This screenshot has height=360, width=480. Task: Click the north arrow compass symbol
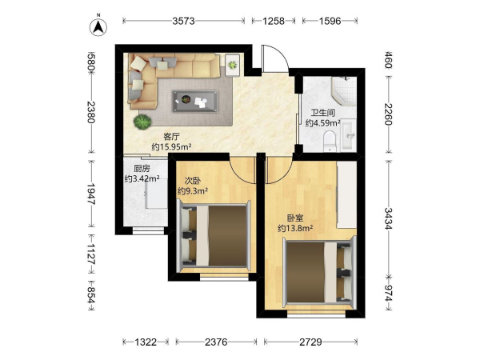pyautogui.click(x=98, y=27)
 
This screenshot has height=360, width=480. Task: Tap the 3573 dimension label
pyautogui.click(x=183, y=21)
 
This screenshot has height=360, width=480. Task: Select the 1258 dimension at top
pyautogui.click(x=274, y=21)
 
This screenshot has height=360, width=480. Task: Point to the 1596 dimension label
pyautogui.click(x=330, y=21)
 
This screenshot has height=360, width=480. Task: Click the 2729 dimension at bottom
pyautogui.click(x=310, y=342)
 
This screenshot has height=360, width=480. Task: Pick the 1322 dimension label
pyautogui.click(x=146, y=342)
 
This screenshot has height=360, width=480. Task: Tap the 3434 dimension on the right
pyautogui.click(x=388, y=218)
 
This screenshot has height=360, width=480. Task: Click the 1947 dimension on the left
pyautogui.click(x=91, y=194)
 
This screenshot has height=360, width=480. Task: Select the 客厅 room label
pyautogui.click(x=171, y=136)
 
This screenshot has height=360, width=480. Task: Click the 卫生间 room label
pyautogui.click(x=322, y=113)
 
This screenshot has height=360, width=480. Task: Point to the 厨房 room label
pyautogui.click(x=142, y=168)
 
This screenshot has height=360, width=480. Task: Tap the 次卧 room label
pyautogui.click(x=193, y=181)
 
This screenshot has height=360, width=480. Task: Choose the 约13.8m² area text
pyautogui.click(x=295, y=228)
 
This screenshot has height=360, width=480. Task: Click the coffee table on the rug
pyautogui.click(x=195, y=101)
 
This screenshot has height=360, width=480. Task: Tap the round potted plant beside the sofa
pyautogui.click(x=142, y=122)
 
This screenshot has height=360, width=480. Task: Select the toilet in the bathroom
pyautogui.click(x=330, y=141)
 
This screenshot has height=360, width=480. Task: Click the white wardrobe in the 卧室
pyautogui.click(x=346, y=194)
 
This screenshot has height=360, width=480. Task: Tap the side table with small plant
pyautogui.click(x=232, y=65)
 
